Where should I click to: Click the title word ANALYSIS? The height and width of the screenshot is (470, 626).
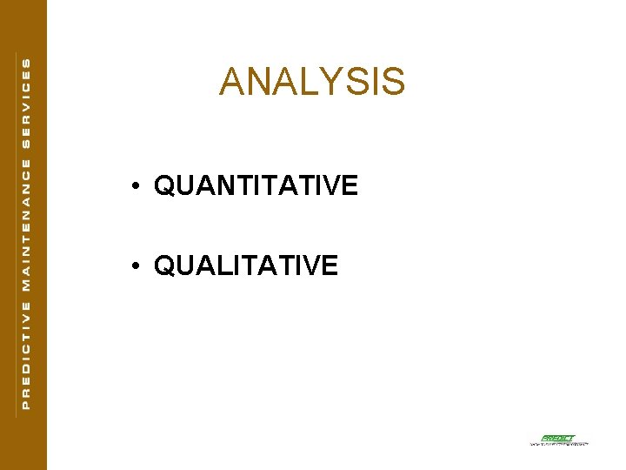tap(312, 82)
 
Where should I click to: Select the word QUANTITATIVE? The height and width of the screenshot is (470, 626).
tap(256, 185)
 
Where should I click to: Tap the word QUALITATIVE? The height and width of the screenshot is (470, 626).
tap(246, 265)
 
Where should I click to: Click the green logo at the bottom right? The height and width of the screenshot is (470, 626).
tap(557, 438)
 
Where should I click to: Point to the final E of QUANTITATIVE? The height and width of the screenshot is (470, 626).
tap(350, 185)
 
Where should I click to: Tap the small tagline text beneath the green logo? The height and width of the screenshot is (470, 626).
tap(559, 444)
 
